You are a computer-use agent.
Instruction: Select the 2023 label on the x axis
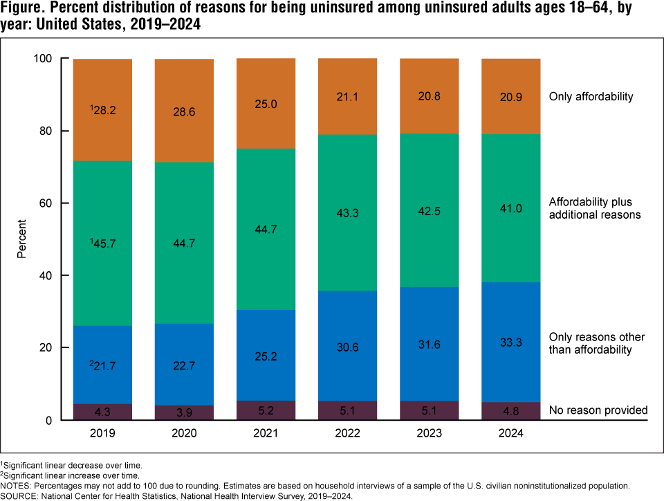[x=429, y=434]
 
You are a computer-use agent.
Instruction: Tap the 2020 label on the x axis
[x=184, y=434]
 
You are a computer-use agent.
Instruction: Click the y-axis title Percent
[x=22, y=239]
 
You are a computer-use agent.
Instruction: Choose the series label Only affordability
[x=591, y=97]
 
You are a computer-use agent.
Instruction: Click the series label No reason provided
[x=598, y=410]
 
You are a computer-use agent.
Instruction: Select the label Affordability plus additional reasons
[x=595, y=208]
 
